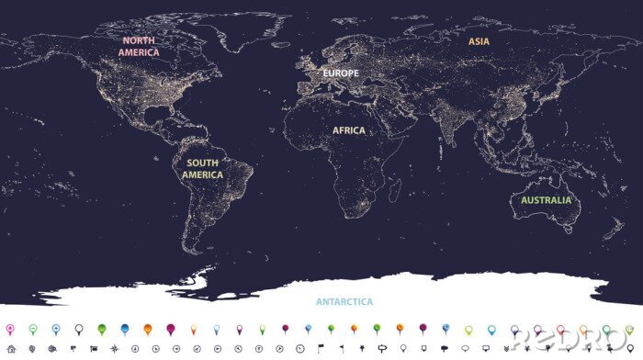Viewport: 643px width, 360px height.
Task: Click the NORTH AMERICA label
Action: (x=139, y=47)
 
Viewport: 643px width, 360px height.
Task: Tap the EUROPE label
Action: (x=339, y=72)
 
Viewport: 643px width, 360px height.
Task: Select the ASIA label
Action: (x=479, y=41)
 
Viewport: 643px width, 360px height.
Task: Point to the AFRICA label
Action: (x=348, y=130)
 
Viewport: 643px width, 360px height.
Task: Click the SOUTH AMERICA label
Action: (x=202, y=169)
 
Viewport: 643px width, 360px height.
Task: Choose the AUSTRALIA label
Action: (x=546, y=200)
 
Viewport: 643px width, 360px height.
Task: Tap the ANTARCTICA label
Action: (x=344, y=301)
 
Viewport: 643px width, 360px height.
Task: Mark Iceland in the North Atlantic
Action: (x=287, y=46)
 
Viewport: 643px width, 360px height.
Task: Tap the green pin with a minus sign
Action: (x=32, y=328)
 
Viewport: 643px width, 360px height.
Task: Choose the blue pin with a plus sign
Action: (x=55, y=328)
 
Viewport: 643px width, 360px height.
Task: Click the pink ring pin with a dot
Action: (x=10, y=328)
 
